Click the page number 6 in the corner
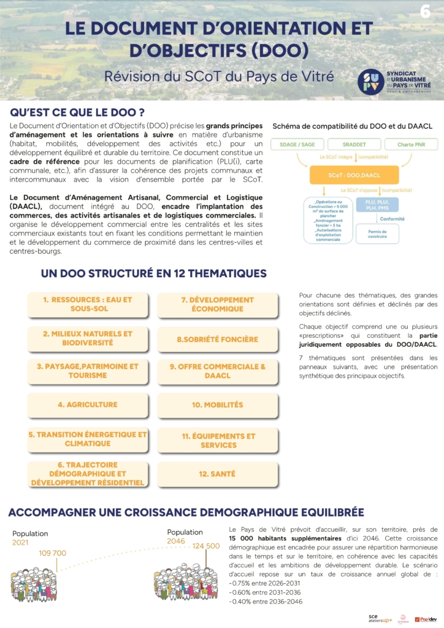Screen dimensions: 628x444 point(425,11)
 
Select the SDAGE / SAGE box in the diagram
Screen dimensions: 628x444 point(297,145)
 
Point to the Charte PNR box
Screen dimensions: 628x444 point(411,145)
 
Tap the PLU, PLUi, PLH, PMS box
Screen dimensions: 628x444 point(381,205)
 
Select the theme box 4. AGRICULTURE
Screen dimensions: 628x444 point(88,405)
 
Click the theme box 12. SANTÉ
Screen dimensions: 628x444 point(218,474)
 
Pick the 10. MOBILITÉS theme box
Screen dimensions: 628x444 point(218,405)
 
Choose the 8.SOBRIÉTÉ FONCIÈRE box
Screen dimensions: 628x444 point(218,339)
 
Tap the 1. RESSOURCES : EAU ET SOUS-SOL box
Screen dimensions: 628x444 point(88,304)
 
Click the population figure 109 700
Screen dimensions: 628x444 point(52,553)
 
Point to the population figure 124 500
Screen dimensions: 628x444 point(205,546)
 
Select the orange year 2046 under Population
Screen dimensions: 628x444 point(177,541)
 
